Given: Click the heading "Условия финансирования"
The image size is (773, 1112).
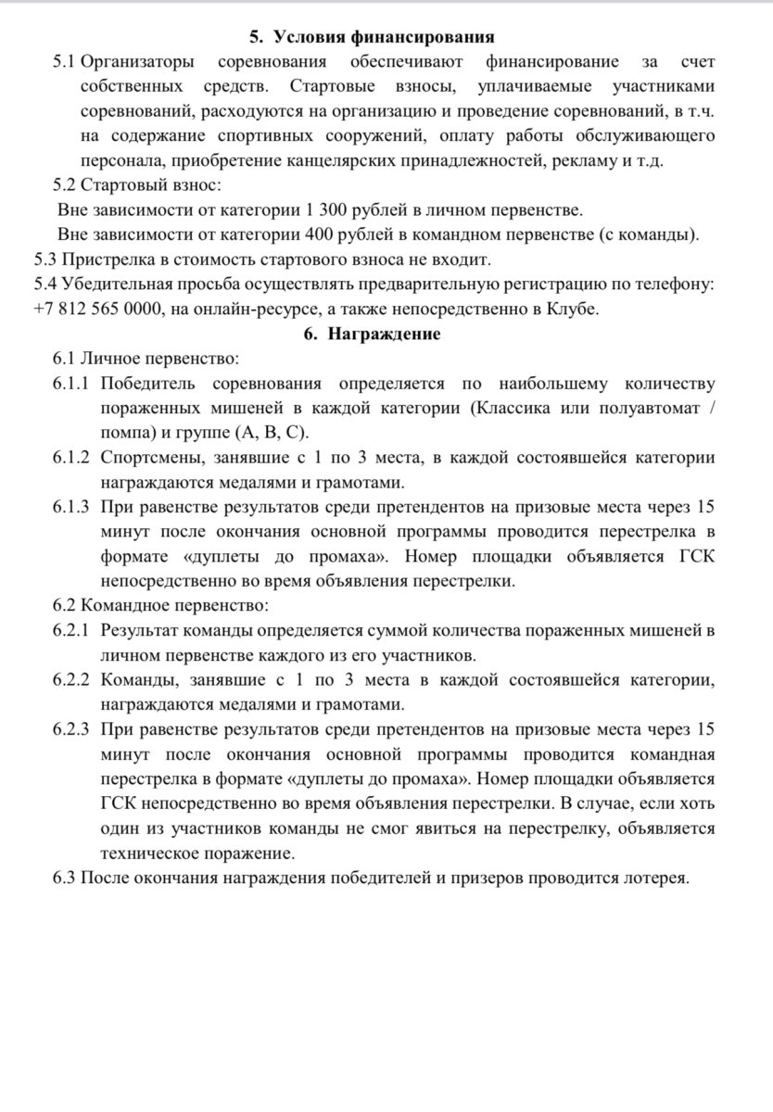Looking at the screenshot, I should coord(384,37).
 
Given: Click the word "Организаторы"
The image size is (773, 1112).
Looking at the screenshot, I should coord(137,62).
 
